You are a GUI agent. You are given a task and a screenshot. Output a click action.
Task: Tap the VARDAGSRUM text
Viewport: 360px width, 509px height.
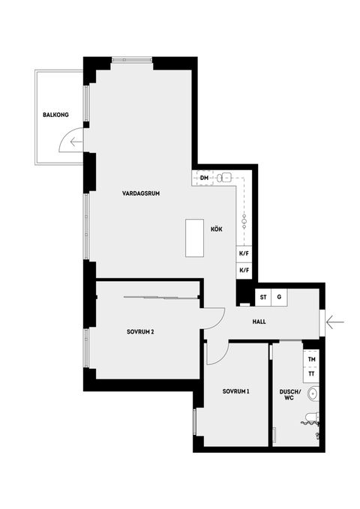(141, 193)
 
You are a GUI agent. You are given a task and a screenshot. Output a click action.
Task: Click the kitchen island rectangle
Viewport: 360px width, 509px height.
(195, 239)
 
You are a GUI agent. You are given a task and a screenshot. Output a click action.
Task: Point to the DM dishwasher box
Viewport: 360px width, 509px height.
(204, 178)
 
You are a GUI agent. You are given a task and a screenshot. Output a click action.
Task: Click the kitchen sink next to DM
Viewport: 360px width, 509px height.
(224, 178)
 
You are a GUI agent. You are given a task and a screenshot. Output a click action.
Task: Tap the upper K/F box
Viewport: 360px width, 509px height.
(244, 254)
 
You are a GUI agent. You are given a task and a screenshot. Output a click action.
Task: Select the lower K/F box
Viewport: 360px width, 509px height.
(244, 271)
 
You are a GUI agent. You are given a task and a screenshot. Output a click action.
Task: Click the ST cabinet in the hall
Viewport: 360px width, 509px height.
(263, 298)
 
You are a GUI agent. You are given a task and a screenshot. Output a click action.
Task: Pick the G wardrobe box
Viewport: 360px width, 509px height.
(279, 298)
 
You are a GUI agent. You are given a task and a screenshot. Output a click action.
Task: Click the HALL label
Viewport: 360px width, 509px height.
(259, 322)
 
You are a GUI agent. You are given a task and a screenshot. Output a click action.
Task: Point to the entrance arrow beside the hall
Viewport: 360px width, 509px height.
(335, 322)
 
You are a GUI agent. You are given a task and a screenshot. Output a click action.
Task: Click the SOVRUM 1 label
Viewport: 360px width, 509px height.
(235, 392)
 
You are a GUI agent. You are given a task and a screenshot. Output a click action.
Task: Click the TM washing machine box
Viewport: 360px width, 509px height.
(311, 360)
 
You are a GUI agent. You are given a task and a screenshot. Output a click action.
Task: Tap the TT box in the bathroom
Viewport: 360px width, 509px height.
(311, 373)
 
